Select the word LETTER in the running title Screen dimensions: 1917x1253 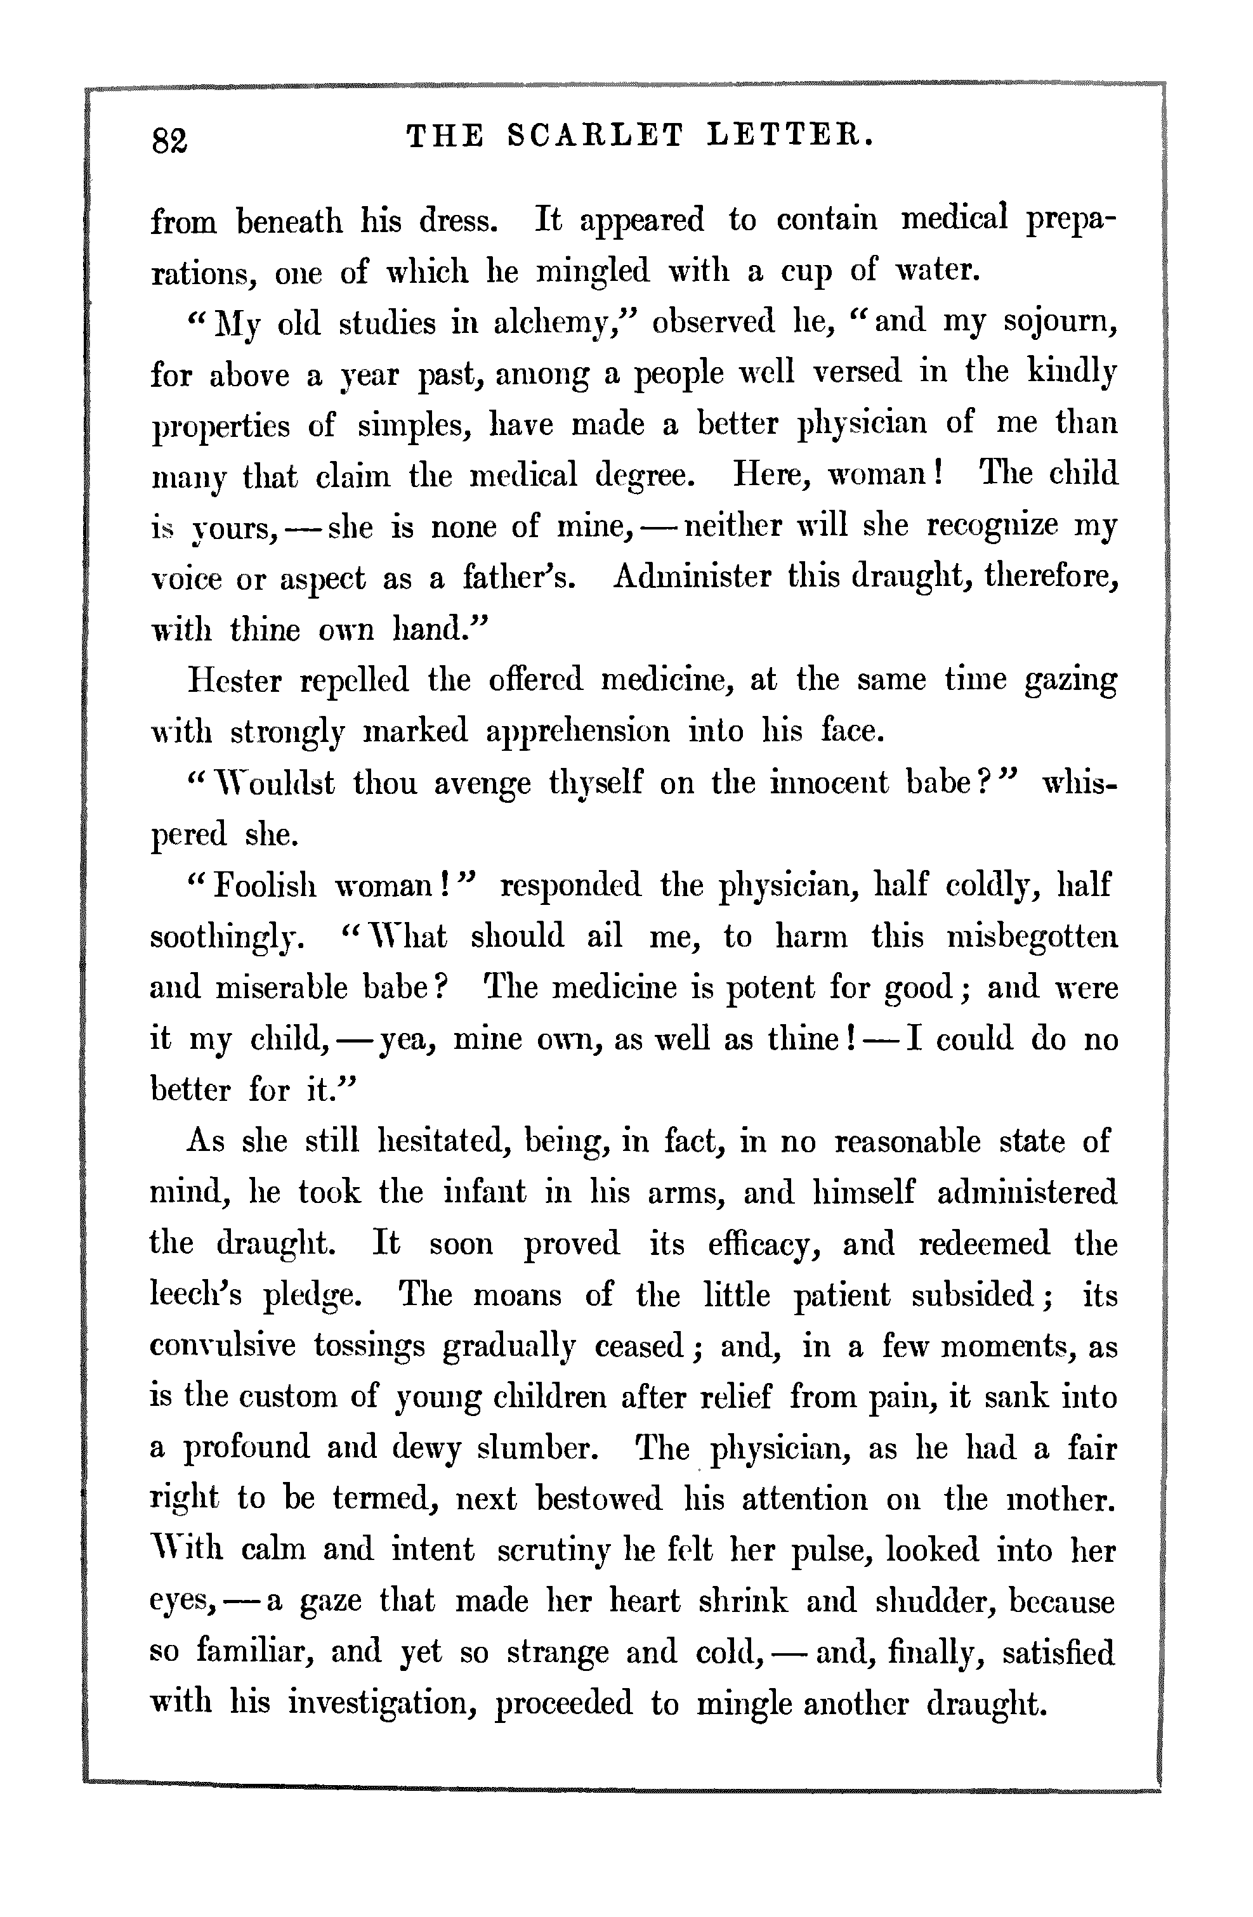coord(790,135)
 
